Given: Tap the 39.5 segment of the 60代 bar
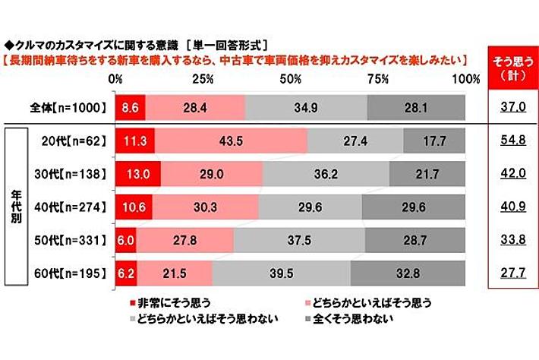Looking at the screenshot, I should pos(281,271).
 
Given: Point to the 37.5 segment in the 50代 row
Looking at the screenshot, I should pos(299,238).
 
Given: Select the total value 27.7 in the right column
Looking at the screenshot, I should pos(509,271).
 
